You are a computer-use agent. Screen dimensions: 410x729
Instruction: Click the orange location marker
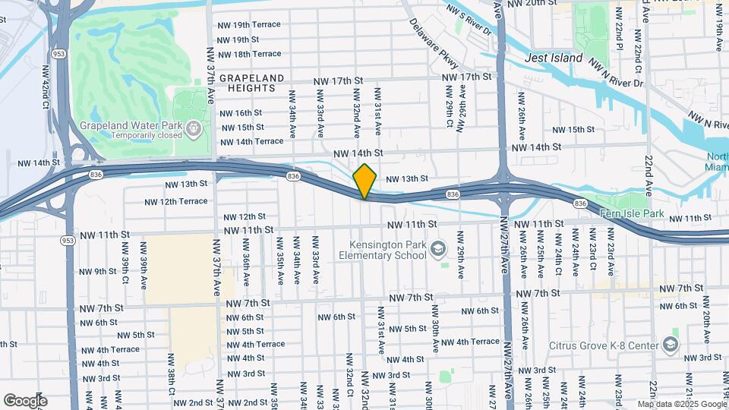pyautogui.click(x=364, y=181)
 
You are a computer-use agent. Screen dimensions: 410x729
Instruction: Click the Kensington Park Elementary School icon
pyautogui.click(x=438, y=250)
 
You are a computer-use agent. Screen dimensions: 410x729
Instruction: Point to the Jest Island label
pyautogui.click(x=554, y=58)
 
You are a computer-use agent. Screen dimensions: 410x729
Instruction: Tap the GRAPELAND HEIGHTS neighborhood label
pyautogui.click(x=251, y=84)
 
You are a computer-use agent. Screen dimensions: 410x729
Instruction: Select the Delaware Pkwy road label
pyautogui.click(x=433, y=46)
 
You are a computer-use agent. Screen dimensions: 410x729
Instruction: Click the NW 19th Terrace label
pyautogui.click(x=249, y=24)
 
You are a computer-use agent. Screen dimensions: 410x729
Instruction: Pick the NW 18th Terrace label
pyautogui.click(x=249, y=54)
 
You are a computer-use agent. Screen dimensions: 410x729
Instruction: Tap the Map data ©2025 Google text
pyautogui.click(x=682, y=404)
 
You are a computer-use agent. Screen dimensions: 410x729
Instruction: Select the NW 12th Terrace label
pyautogui.click(x=176, y=201)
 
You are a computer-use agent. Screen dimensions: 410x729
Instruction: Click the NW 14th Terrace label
pyautogui.click(x=252, y=141)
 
